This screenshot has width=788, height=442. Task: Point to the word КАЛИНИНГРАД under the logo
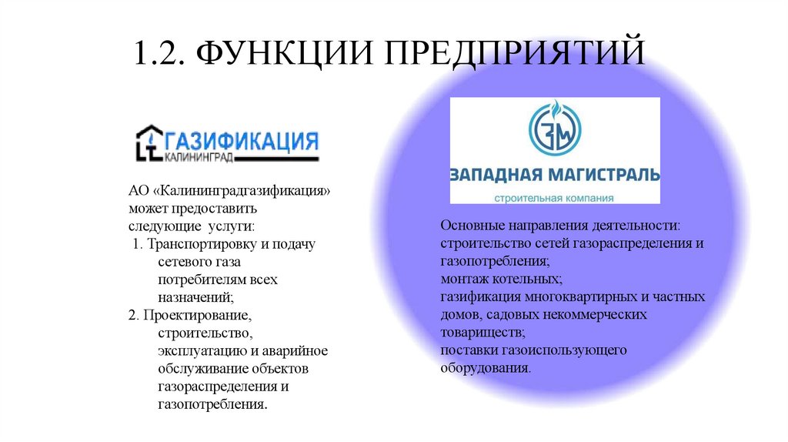199,157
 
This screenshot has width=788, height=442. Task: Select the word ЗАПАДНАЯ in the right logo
498,173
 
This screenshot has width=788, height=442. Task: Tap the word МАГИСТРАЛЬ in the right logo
605,173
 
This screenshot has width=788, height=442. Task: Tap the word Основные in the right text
468,227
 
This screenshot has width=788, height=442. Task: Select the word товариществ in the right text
481,333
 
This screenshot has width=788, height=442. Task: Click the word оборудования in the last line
485,368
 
